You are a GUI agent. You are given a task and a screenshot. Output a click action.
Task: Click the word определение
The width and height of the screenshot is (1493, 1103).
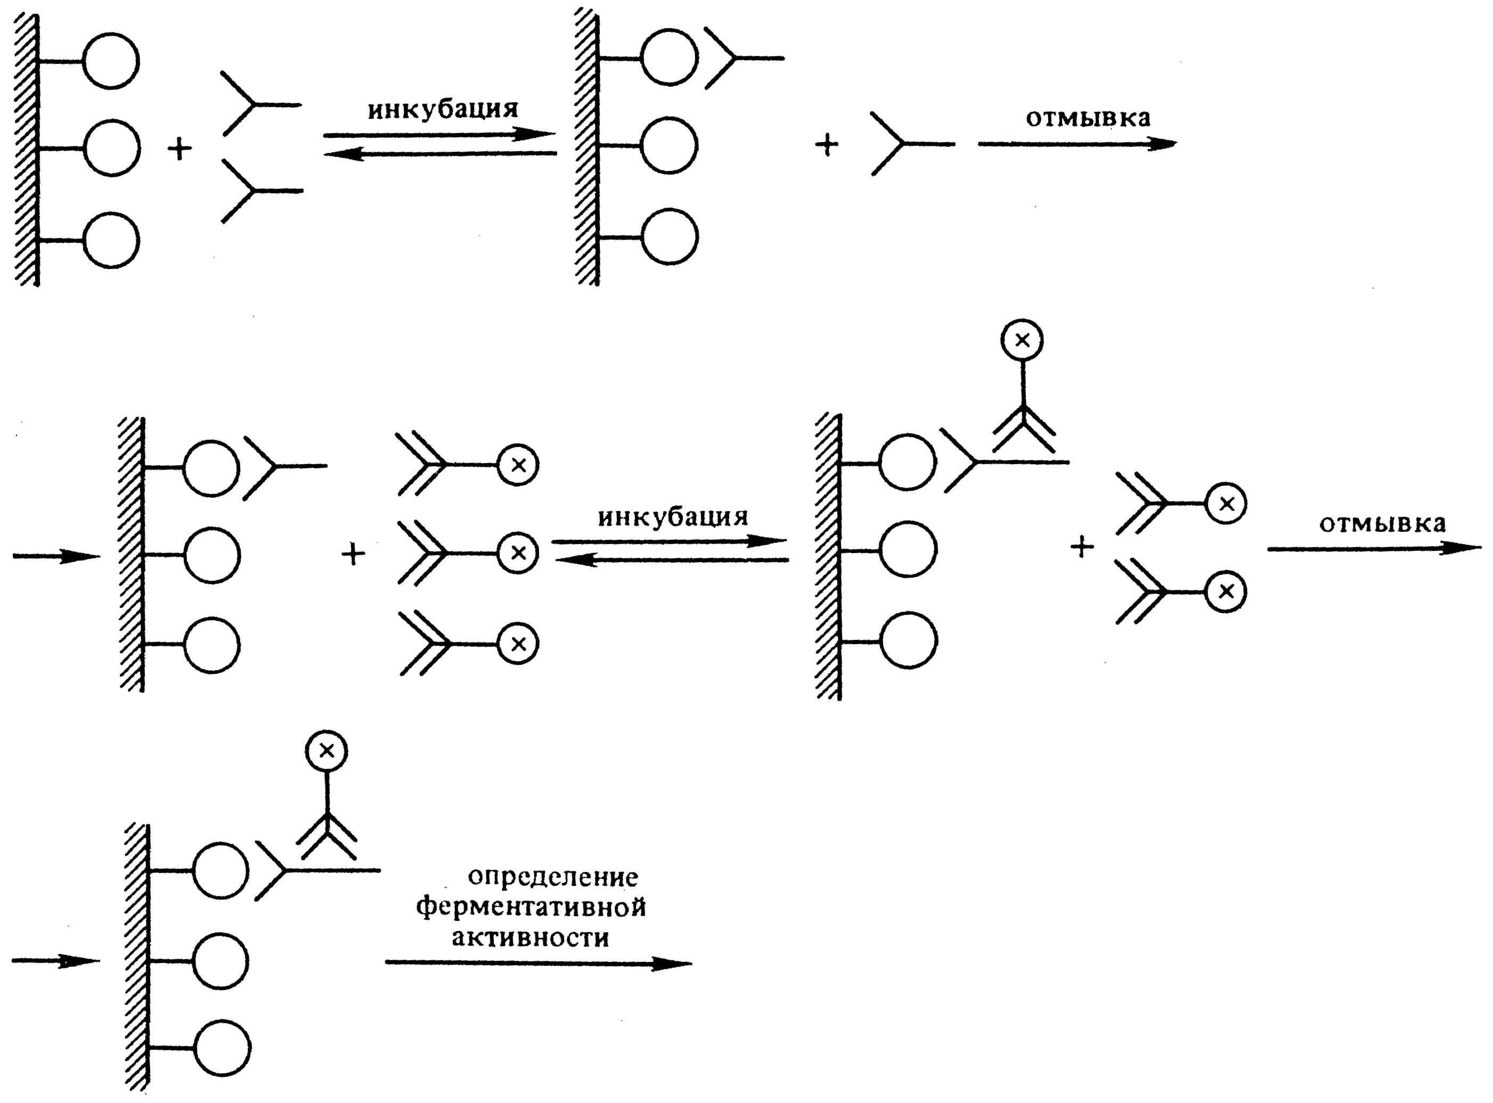coord(552,877)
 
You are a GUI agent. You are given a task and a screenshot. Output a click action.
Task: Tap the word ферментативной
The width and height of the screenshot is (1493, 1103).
coord(531,908)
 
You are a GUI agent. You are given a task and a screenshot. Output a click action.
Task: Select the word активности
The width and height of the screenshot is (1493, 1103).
coord(531,937)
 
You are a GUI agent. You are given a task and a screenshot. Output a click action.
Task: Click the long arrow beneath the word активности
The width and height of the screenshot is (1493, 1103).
coord(538,963)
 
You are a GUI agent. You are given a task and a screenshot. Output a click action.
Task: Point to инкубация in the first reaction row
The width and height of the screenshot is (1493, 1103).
coord(443,109)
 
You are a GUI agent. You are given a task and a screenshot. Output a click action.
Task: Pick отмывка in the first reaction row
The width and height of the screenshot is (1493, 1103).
coord(1088,118)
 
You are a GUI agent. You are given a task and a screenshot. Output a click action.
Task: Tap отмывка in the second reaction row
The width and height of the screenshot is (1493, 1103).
coord(1382,523)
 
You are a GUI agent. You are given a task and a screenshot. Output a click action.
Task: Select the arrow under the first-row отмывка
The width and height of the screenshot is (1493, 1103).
coord(1077,144)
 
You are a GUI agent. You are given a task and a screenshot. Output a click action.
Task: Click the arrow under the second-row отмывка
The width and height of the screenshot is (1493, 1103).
coord(1374,549)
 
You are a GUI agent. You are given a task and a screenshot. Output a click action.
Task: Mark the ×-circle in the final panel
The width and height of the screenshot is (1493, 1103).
coord(327,751)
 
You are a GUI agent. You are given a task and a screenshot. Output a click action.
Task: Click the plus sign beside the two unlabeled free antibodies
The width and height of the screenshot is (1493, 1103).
coord(179,148)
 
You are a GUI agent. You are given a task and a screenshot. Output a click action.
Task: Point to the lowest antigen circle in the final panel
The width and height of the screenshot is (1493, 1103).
coord(223,1048)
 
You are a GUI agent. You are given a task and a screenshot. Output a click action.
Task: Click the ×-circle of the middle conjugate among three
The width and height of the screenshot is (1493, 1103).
coord(518,553)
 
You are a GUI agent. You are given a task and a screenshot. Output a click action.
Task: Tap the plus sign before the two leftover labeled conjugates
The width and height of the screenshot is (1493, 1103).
coord(1082,547)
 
